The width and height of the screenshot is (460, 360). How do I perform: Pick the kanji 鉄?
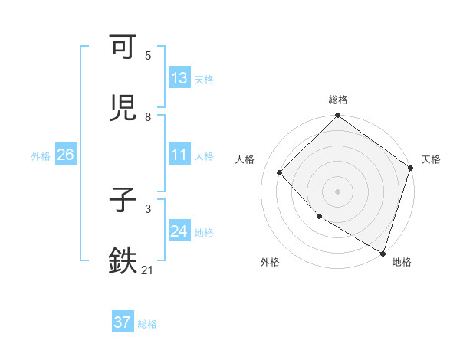[123, 260]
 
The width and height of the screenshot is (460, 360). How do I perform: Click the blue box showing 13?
[179, 77]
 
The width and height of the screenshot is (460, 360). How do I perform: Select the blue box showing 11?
[179, 155]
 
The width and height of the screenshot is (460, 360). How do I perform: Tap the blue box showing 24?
[179, 231]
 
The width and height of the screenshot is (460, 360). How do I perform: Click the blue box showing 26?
[66, 155]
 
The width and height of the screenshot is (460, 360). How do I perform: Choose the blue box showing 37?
[123, 322]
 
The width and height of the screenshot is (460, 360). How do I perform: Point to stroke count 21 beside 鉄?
[148, 270]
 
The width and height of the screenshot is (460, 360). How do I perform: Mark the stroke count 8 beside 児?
[148, 117]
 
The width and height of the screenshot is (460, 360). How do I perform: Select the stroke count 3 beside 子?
[148, 208]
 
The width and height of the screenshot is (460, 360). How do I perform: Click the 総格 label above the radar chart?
[338, 100]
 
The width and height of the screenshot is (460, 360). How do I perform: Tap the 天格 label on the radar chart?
[431, 159]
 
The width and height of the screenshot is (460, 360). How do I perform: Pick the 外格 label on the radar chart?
[270, 262]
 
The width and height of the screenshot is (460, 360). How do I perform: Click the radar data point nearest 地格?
[383, 252]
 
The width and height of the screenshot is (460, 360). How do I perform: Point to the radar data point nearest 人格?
[280, 172]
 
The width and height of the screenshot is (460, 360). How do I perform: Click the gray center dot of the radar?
[338, 191]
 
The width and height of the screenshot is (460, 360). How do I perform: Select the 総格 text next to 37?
[148, 324]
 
